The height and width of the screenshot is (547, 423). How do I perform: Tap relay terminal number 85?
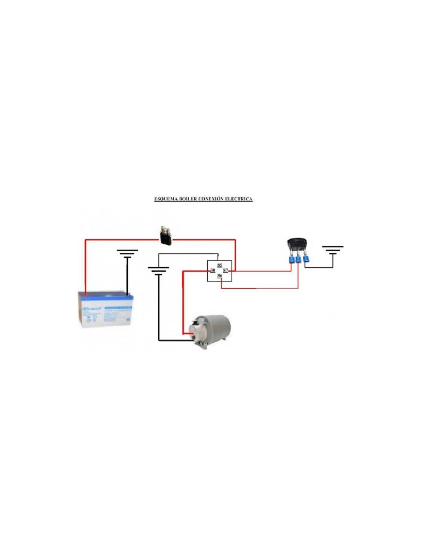220,265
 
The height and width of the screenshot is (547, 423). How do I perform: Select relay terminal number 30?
212,270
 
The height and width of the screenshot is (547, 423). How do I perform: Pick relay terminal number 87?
226,271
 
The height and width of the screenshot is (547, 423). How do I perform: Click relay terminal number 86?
220,276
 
